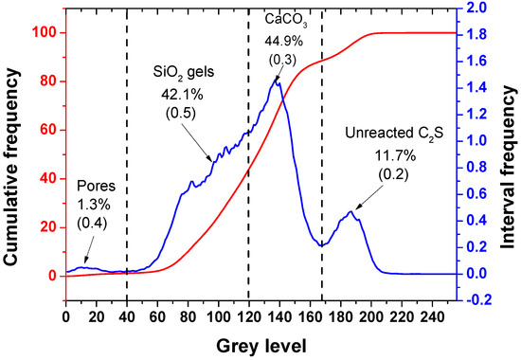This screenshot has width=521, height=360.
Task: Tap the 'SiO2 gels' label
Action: (182, 71)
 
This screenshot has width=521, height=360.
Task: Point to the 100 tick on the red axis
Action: (44, 33)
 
